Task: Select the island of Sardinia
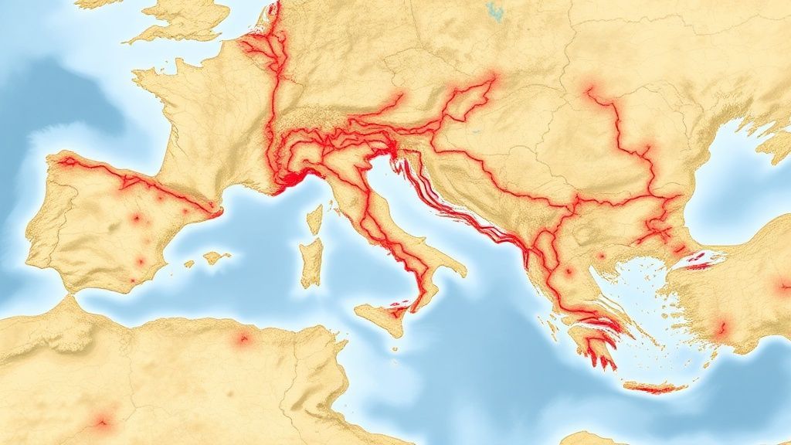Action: [311, 261]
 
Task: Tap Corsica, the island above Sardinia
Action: [314, 219]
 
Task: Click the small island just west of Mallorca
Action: [189, 264]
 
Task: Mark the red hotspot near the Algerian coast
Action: [243, 338]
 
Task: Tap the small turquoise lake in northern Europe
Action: [494, 11]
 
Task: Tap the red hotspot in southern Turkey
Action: [721, 328]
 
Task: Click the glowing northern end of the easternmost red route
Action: [591, 89]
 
